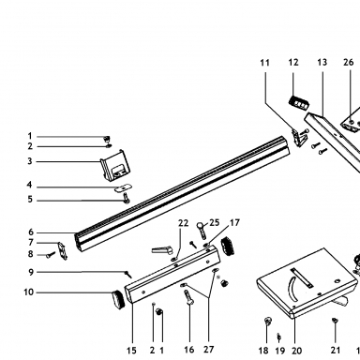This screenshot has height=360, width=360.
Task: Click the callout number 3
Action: [30, 161]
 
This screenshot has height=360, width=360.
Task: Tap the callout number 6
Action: [31, 232]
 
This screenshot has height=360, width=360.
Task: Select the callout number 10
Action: [28, 292]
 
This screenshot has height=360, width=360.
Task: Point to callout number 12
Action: [293, 62]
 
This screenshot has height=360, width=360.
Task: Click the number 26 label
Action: [349, 62]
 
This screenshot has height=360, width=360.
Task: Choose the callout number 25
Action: [215, 222]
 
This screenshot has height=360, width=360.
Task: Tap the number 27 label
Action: [208, 350]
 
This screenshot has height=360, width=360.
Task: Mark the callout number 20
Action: [296, 351]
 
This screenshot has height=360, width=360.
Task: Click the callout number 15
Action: [131, 351]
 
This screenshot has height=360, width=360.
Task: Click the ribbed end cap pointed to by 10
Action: [118, 299]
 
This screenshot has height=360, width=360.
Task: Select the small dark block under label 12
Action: [299, 102]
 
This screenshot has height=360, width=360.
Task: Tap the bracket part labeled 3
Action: [114, 165]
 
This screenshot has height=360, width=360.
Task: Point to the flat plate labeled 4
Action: [123, 188]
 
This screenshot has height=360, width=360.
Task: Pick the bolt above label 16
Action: [188, 298]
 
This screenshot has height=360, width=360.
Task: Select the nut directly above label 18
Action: [268, 320]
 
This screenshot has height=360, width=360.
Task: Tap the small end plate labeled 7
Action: [63, 250]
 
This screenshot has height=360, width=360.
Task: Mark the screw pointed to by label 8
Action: [51, 255]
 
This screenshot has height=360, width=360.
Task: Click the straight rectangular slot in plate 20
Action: [302, 277]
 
